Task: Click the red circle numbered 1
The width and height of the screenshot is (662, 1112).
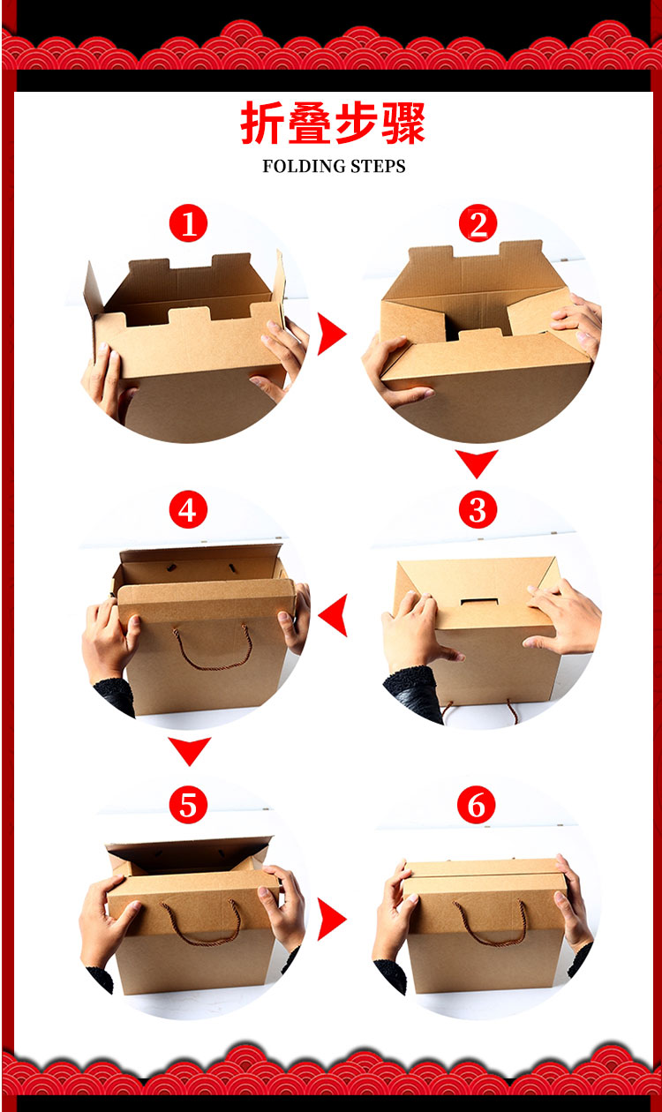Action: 188,223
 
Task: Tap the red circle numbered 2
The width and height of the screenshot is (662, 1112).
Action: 478,223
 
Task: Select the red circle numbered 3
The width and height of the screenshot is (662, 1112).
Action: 478,509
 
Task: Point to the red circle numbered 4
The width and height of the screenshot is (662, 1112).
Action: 188,509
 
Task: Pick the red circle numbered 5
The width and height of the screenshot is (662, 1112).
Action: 188,805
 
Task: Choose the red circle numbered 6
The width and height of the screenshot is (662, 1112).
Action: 477,805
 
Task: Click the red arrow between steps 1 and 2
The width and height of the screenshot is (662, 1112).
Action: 332,334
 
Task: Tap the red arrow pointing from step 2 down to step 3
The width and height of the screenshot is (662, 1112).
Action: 477,463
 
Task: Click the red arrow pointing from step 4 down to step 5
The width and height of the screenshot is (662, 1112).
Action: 189,751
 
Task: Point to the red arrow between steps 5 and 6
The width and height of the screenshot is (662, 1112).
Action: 332,920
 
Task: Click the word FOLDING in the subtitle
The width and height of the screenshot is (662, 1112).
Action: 304,166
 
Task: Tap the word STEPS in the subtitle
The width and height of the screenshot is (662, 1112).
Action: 378,166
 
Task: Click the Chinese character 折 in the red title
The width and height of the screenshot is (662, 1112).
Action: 262,124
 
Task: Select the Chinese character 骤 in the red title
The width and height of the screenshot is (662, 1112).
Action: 403,124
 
